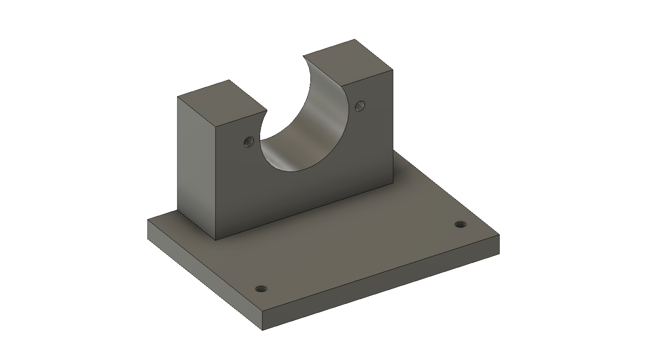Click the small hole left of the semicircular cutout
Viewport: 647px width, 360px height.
(248, 142)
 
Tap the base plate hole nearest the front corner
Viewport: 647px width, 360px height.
(261, 289)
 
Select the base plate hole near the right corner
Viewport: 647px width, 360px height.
(460, 224)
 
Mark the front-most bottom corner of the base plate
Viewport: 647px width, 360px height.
(263, 330)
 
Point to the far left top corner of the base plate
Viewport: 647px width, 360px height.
(148, 220)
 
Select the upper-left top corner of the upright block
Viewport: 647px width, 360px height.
(177, 97)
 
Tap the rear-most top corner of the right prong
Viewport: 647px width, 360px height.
(355, 40)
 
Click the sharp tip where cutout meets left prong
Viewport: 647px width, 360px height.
(266, 111)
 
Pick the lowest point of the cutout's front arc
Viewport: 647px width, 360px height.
(294, 171)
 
